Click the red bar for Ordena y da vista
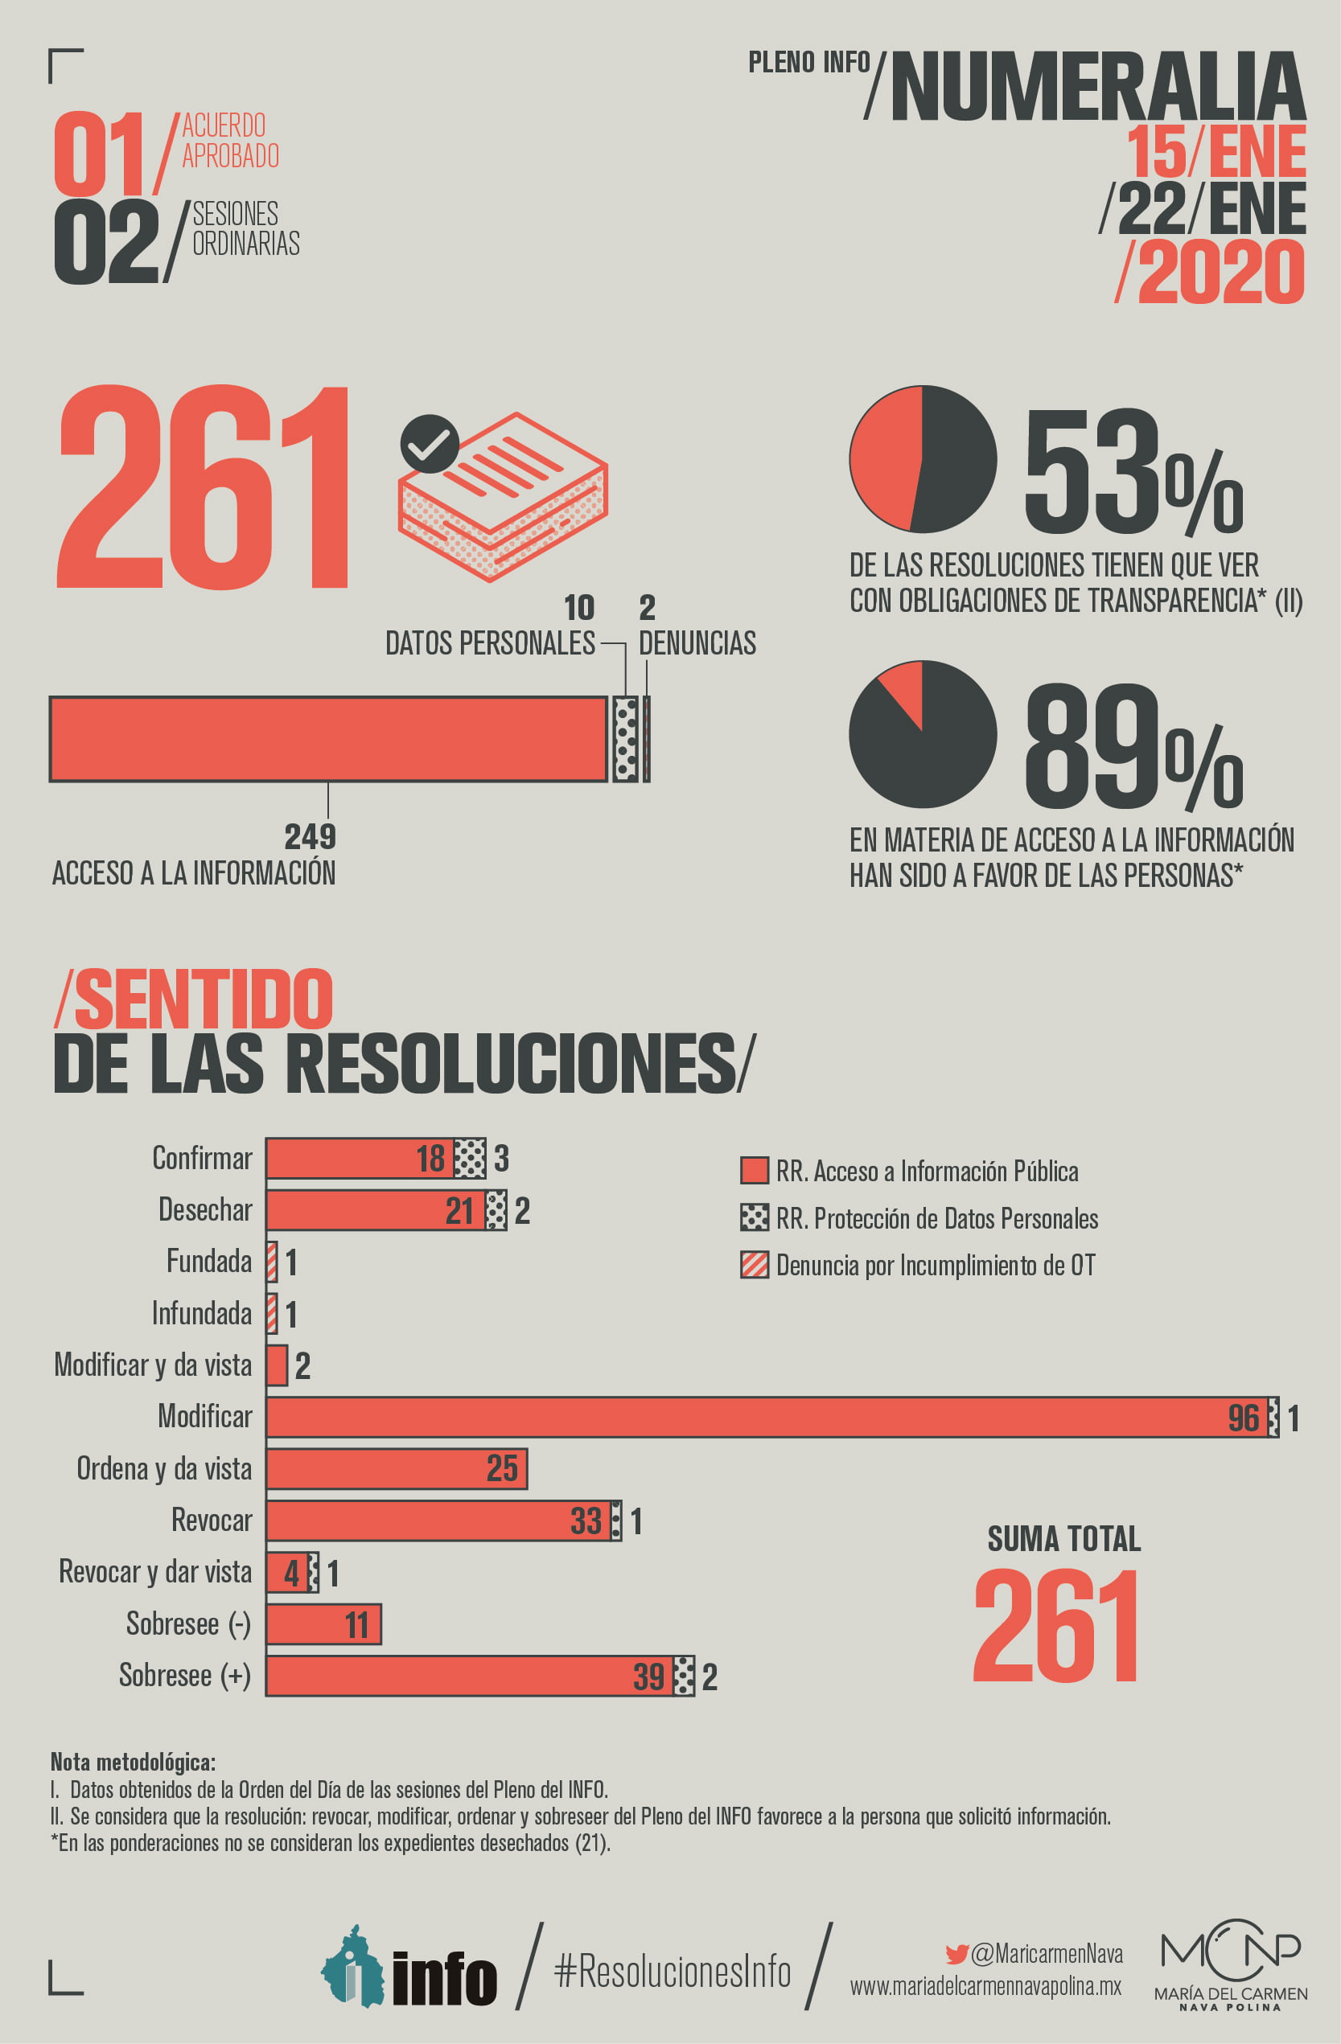(395, 1468)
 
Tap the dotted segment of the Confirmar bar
(469, 1159)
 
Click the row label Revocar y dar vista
(154, 1572)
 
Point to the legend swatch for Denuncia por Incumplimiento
(755, 1265)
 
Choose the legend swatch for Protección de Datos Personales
(755, 1218)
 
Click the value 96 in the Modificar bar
(1243, 1418)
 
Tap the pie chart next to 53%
(923, 458)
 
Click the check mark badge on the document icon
(430, 443)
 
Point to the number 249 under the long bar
(311, 836)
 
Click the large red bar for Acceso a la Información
(328, 739)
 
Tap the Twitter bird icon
(956, 1954)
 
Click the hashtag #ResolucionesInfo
(673, 1970)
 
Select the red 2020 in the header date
(1220, 273)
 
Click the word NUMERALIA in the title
(1098, 88)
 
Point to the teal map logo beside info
(352, 1968)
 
